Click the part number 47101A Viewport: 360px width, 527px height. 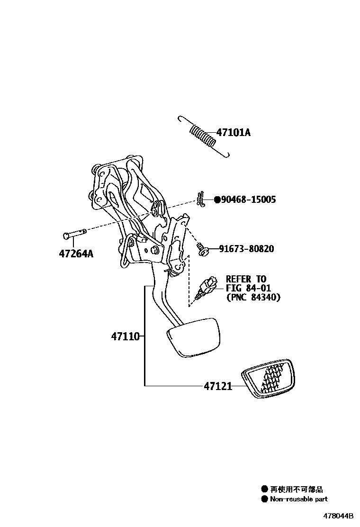click(233, 133)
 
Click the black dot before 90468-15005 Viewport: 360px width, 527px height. click(217, 200)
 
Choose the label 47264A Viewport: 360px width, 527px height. click(76, 254)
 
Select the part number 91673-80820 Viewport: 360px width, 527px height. click(246, 249)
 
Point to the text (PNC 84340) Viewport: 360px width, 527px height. click(253, 298)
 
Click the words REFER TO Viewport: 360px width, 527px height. click(246, 279)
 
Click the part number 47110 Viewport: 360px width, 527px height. click(126, 337)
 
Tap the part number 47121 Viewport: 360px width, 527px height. click(218, 386)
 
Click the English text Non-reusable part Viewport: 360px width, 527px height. click(298, 499)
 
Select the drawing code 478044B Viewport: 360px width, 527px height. click(339, 516)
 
